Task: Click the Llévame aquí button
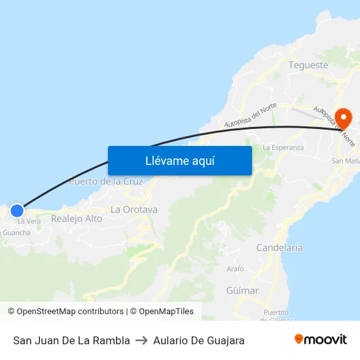coord(179,160)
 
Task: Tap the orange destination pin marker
coord(343,118)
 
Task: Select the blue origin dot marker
coord(17,211)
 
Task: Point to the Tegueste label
coord(308,65)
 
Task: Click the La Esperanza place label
coord(283,147)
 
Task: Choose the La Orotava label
coord(134,209)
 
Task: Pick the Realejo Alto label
coord(77,219)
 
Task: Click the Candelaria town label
coord(279,247)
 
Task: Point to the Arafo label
coord(235,269)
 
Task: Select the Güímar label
coord(242,290)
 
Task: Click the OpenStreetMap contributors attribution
coord(65,312)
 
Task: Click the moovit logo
coord(320,340)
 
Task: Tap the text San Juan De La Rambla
coord(71,340)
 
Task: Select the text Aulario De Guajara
coord(199,340)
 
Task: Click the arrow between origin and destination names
coord(141,340)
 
